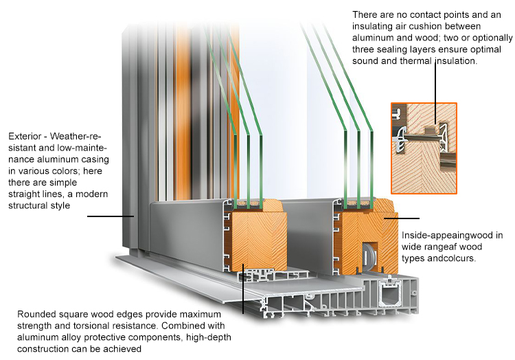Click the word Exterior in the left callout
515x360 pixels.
(x=25, y=136)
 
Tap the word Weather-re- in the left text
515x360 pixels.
(x=76, y=136)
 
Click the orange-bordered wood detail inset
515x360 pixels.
(x=424, y=148)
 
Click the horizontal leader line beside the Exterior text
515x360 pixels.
(x=111, y=216)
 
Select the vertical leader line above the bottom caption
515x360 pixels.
(x=243, y=289)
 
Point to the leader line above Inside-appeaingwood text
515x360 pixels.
(x=402, y=218)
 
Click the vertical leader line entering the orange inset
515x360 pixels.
(x=435, y=92)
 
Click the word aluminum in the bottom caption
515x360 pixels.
(x=36, y=337)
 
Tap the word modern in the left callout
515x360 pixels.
(x=91, y=194)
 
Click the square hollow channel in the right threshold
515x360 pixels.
(x=390, y=295)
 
